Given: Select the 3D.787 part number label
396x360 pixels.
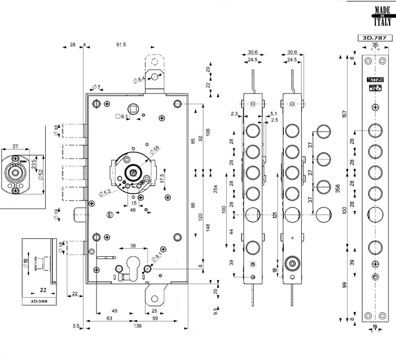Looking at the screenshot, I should coord(374,38).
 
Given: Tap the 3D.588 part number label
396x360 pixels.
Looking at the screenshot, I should coord(40,301).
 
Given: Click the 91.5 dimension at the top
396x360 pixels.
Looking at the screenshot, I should coord(121,45).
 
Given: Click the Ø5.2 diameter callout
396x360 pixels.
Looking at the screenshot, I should coord(105,192).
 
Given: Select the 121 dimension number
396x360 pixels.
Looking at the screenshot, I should coord(275,215).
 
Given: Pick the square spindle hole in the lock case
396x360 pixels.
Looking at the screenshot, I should coord(132,109).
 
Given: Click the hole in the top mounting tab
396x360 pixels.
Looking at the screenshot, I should coord(155,77).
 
